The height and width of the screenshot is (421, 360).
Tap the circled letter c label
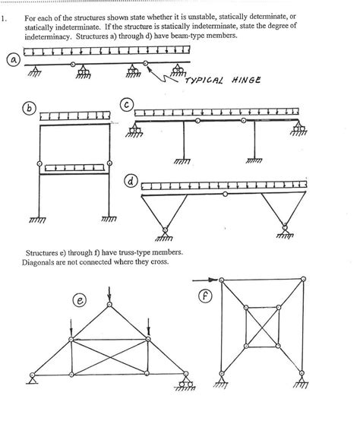click(x=128, y=103)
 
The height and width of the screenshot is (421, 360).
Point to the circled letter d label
click(x=131, y=182)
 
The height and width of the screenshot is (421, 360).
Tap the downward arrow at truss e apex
click(x=110, y=291)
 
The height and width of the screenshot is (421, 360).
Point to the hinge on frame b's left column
click(x=39, y=162)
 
